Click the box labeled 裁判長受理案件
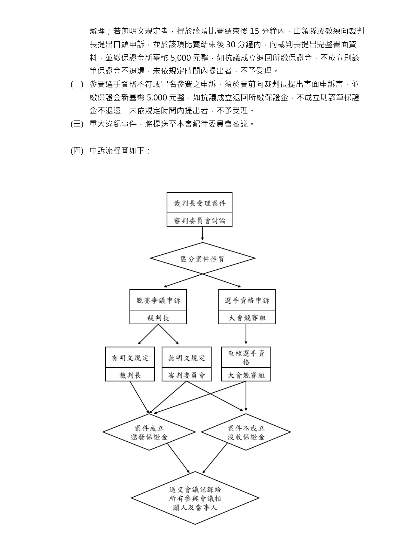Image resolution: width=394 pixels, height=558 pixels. (x=199, y=203)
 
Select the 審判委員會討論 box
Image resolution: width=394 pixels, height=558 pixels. (x=199, y=220)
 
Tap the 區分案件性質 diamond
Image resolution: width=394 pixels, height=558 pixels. (x=203, y=258)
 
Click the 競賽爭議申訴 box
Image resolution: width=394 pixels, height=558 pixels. (x=158, y=300)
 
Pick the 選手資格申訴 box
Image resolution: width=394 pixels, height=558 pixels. (x=247, y=300)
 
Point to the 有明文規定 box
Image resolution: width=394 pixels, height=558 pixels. (x=130, y=358)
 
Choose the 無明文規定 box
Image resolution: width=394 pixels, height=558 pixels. (x=186, y=358)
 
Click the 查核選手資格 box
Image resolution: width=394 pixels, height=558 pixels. (x=246, y=357)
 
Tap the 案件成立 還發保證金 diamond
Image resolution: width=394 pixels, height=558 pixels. (x=149, y=432)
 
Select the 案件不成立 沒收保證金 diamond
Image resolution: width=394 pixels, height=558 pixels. (x=246, y=432)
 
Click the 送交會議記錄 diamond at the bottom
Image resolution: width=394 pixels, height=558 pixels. (x=195, y=498)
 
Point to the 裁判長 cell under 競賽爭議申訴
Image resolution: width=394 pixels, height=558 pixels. (x=158, y=318)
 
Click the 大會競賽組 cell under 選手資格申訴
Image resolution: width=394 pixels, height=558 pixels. (x=247, y=318)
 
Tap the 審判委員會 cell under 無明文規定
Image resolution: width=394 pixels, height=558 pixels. (x=186, y=375)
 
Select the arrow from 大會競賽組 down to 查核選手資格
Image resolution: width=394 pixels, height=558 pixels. (x=246, y=335)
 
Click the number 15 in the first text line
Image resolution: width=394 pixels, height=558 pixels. (x=255, y=31)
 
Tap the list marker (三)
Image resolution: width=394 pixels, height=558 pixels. (x=77, y=124)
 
